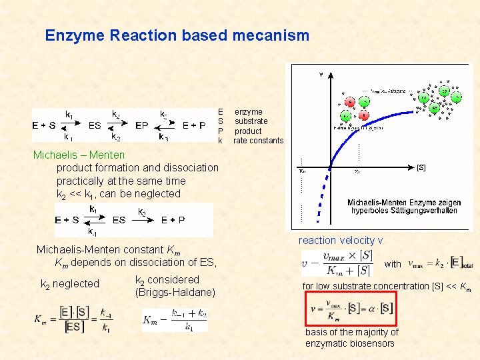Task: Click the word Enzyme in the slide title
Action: (72, 35)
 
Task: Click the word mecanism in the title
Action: (271, 35)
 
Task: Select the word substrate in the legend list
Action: (251, 121)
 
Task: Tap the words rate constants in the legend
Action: (258, 141)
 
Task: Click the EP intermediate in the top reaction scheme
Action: (141, 125)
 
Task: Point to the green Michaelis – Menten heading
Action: (79, 155)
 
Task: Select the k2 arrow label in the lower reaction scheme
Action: (142, 212)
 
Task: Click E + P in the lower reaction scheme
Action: (173, 220)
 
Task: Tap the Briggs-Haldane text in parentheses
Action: (175, 292)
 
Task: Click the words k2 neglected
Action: (70, 284)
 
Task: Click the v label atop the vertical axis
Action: (321, 75)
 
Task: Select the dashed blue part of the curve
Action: (323, 197)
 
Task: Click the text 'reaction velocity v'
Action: (341, 240)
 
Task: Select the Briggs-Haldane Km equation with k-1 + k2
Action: (175, 319)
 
